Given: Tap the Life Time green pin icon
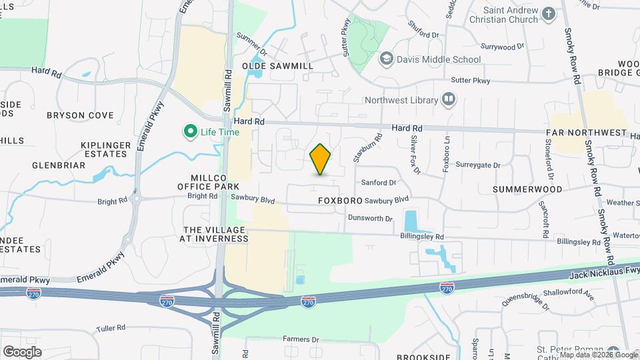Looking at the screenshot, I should [190, 131].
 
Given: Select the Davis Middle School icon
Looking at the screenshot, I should [385, 59].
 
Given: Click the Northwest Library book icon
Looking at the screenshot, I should [449, 101].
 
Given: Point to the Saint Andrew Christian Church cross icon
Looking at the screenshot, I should [548, 14].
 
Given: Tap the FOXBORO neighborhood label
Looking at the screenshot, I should [340, 200].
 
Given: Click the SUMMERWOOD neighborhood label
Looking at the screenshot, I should [527, 189].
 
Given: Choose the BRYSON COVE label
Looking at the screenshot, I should [80, 115].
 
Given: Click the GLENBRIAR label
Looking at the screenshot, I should [57, 165].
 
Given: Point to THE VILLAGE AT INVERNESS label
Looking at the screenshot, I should [215, 233].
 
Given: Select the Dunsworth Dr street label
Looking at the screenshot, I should [370, 218].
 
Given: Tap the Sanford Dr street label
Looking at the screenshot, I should [378, 182].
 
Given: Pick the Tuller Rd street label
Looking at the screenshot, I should [111, 327].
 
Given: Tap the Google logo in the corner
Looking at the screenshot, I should [22, 351].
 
